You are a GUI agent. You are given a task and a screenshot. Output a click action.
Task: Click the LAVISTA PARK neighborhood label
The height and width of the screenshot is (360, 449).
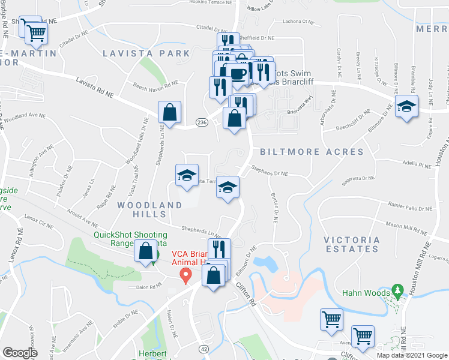tap(146, 53)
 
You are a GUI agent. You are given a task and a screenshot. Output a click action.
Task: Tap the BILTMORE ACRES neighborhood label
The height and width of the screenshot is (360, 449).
tap(312, 152)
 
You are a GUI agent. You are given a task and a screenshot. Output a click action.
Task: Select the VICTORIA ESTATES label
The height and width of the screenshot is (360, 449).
tap(351, 245)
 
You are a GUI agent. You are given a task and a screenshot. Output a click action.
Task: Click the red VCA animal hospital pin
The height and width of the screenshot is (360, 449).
tap(185, 275)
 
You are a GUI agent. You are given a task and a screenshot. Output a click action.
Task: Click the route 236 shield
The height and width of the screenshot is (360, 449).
tap(202, 122)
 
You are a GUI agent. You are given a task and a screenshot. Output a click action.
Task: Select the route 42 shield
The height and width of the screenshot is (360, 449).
tap(203, 349)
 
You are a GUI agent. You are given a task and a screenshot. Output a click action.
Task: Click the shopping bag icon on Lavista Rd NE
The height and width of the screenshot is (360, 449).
tap(170, 112)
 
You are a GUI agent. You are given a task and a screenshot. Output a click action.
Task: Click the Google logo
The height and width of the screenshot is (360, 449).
tap(19, 353)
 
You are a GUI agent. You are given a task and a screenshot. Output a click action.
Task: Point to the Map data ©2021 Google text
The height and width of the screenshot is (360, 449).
tap(412, 355)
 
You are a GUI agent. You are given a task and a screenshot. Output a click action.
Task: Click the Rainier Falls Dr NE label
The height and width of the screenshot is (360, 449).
tap(402, 208)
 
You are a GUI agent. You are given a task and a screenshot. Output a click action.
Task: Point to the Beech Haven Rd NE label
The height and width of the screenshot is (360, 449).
tap(155, 85)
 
